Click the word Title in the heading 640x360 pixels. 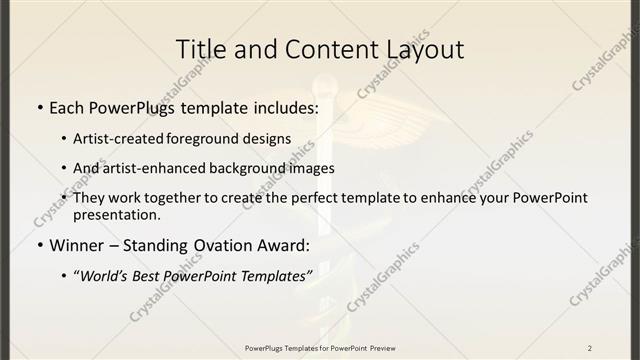[x=199, y=49]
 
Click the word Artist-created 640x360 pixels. [x=124, y=139]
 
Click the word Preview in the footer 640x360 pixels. [x=383, y=348]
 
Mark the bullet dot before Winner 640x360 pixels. [x=38, y=245]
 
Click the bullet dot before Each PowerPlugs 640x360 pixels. [x=38, y=106]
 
